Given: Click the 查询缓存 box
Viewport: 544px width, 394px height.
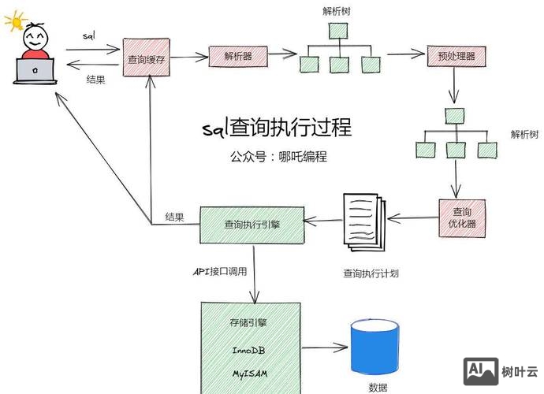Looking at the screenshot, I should (147, 59).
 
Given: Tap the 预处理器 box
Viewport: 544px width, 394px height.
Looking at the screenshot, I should (455, 56).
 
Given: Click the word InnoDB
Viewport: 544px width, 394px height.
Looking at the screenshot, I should (252, 349).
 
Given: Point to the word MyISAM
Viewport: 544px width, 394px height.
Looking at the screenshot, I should (252, 372).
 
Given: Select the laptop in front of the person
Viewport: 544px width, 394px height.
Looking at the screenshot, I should (35, 71).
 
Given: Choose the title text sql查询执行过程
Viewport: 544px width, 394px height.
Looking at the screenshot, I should (276, 128).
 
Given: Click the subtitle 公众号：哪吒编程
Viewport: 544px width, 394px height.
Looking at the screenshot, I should (275, 157).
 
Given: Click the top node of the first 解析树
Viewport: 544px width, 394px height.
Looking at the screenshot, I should (338, 31).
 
